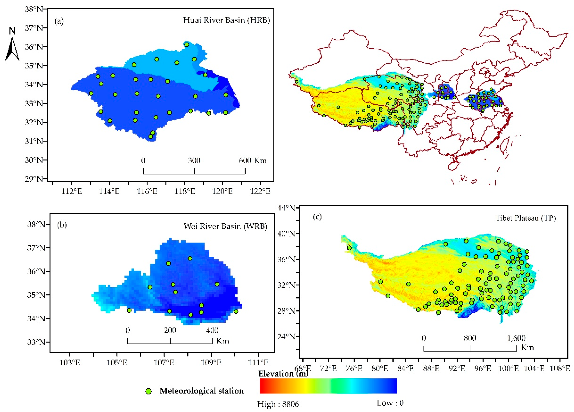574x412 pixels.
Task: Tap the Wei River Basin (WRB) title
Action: coord(225,226)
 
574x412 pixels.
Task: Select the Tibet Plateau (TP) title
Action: coord(525,218)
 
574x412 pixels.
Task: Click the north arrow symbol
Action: coord(12,46)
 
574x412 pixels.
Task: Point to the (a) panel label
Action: coord(59,21)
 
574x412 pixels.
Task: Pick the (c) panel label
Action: coord(317,217)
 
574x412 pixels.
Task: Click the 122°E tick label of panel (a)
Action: coord(260,191)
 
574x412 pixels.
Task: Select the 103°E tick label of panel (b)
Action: coord(70,363)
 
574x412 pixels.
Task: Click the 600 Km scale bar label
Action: coord(253,160)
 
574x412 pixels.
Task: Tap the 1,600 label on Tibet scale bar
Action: coord(516,338)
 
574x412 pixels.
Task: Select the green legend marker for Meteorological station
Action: coord(149,391)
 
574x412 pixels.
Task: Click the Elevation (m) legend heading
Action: coord(283,374)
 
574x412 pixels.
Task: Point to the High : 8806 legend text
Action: coord(278,404)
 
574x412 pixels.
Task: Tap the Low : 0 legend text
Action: coord(390,403)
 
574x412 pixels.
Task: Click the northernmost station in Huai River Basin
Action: coord(186,45)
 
